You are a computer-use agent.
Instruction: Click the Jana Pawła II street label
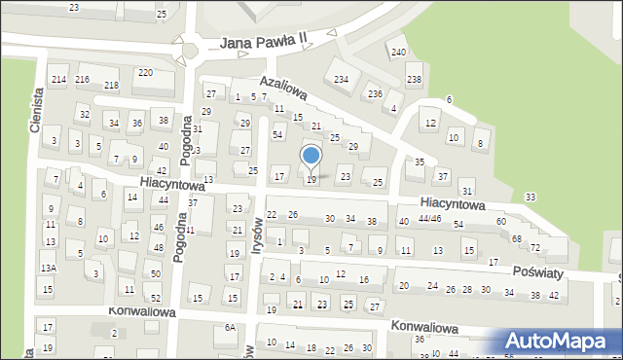(263, 42)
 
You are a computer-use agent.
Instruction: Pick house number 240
(398, 52)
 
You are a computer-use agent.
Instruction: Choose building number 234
(341, 79)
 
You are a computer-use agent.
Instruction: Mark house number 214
(58, 79)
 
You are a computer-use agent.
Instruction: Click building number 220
(144, 73)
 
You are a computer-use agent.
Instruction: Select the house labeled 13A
(48, 268)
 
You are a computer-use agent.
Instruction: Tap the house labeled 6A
(230, 328)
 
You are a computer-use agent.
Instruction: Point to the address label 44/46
(429, 220)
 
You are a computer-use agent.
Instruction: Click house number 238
(414, 79)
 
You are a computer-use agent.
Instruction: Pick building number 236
(375, 93)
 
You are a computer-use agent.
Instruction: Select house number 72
(534, 248)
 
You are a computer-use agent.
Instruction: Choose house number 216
(83, 79)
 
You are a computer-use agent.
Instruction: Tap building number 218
(111, 86)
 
